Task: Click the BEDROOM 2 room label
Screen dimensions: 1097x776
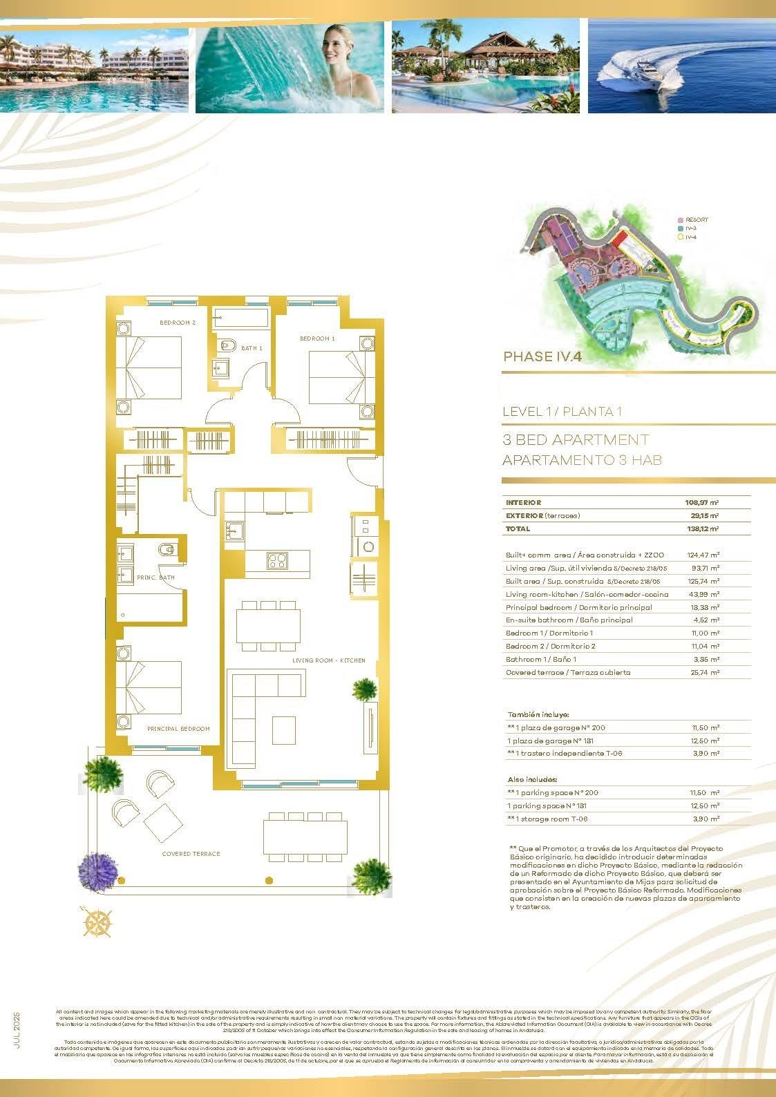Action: [178, 323]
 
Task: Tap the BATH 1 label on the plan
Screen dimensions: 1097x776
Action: [252, 348]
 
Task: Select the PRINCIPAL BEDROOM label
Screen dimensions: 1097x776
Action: [178, 729]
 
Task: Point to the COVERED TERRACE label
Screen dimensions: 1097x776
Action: [191, 854]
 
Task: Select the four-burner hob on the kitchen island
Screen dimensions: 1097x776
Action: [277, 560]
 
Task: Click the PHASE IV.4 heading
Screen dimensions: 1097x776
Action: [542, 357]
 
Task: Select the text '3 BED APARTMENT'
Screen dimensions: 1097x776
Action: [576, 440]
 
